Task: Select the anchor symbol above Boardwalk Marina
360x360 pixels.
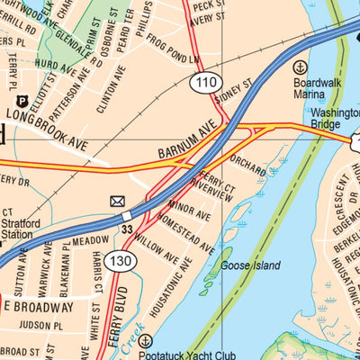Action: pyautogui.click(x=300, y=66)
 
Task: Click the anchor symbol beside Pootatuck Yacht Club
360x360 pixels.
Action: pyautogui.click(x=146, y=341)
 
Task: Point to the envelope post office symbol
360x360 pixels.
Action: pyautogui.click(x=118, y=201)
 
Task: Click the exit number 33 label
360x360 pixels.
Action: pyautogui.click(x=128, y=230)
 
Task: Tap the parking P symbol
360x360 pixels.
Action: pyautogui.click(x=22, y=102)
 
